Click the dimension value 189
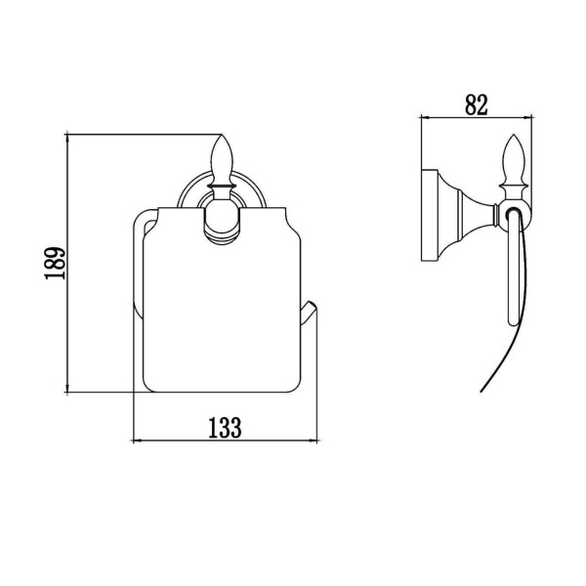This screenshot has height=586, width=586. (56, 263)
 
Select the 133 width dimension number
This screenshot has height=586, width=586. (225, 428)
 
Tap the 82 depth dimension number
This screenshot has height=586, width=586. (477, 105)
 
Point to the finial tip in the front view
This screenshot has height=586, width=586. (222, 135)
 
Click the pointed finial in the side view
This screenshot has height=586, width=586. (514, 161)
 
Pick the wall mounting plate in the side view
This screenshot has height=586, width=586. (429, 216)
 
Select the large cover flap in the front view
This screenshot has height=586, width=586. (222, 299)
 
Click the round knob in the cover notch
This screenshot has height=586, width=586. (222, 225)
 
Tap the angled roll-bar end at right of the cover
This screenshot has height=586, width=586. (309, 314)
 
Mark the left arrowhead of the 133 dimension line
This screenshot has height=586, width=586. (136, 441)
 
